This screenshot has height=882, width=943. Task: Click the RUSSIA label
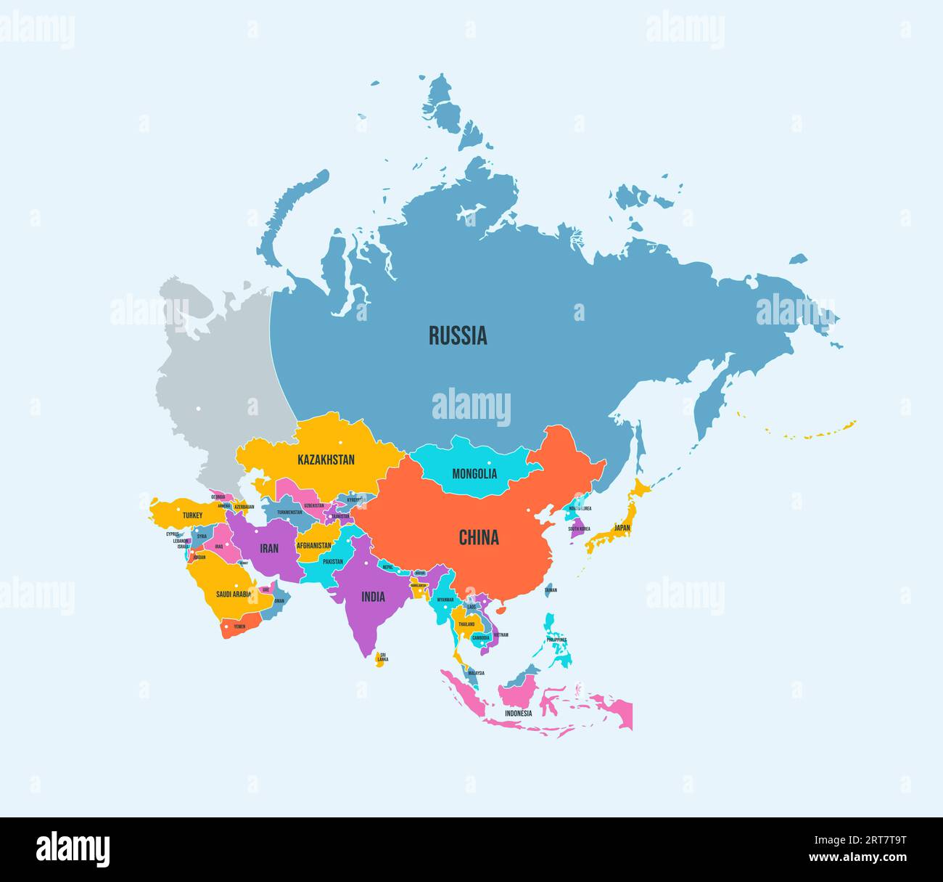(458, 335)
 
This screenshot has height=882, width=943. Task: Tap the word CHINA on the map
(479, 537)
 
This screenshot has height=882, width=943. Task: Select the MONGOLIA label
(474, 474)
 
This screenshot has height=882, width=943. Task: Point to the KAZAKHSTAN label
(326, 460)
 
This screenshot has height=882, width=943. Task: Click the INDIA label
(374, 597)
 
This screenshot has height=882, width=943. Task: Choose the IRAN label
(269, 548)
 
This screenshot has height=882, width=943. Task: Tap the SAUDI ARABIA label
(234, 594)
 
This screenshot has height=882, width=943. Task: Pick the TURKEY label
(193, 515)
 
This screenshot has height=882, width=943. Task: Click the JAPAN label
(622, 528)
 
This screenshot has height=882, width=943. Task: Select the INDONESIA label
(519, 713)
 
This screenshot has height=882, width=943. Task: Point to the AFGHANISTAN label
(313, 545)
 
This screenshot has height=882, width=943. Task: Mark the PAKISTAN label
(333, 561)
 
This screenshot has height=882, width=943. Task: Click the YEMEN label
(239, 626)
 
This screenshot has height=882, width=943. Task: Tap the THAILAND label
(466, 624)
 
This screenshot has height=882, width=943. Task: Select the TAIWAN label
(551, 590)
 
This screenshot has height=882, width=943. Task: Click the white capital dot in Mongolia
(489, 463)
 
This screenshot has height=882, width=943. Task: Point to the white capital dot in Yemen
(227, 625)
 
